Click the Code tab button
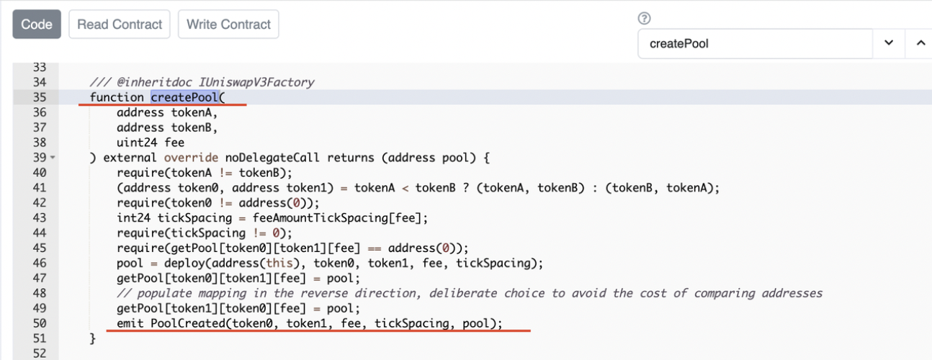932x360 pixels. click(37, 24)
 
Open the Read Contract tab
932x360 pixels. click(120, 24)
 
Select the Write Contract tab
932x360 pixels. click(228, 24)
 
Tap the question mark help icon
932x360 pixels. click(644, 18)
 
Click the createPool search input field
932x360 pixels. click(755, 44)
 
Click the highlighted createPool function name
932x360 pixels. click(184, 97)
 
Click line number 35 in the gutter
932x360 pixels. click(40, 97)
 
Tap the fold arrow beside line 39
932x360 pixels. click(53, 158)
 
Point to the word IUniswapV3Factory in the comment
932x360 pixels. click(256, 82)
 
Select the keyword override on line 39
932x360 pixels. click(191, 158)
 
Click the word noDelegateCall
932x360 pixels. click(272, 158)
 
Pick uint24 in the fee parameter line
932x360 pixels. click(137, 143)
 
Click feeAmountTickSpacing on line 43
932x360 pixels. click(321, 218)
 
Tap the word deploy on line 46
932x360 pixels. click(184, 263)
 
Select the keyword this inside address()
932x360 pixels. click(279, 263)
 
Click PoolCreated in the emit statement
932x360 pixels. click(188, 323)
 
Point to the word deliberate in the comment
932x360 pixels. click(463, 294)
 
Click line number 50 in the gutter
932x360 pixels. click(40, 323)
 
